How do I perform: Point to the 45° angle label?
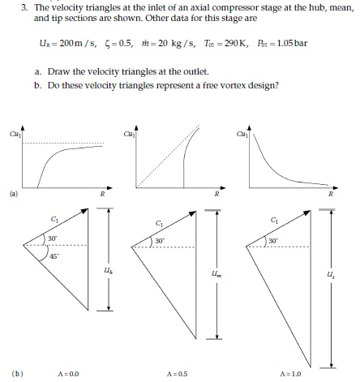53,256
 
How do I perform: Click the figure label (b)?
15,374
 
